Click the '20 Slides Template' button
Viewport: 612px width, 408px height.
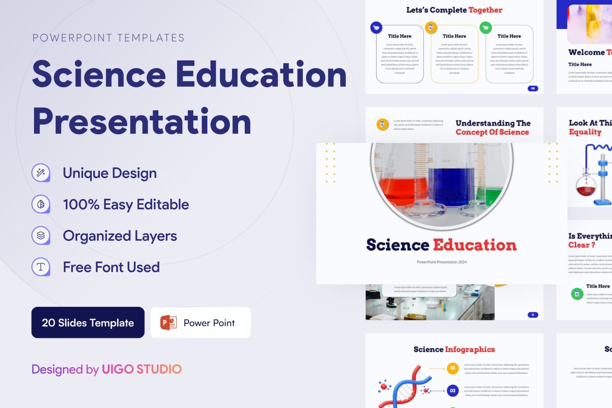click(x=88, y=323)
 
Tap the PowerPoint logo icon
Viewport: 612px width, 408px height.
click(x=168, y=323)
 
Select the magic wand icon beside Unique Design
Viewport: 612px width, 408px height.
click(x=41, y=173)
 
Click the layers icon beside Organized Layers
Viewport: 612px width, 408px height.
click(x=41, y=235)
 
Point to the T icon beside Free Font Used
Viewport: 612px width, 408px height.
click(x=41, y=267)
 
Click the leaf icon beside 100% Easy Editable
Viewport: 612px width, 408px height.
click(x=41, y=204)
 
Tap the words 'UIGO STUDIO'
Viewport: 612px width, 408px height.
click(x=142, y=369)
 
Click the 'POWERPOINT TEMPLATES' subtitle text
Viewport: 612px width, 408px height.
click(x=109, y=38)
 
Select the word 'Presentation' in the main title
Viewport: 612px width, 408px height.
click(x=142, y=121)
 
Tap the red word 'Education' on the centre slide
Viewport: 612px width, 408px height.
click(x=475, y=245)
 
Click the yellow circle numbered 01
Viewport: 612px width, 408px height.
click(x=452, y=368)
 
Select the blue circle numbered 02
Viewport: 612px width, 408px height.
click(x=452, y=390)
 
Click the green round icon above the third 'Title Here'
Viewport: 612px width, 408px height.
click(x=486, y=28)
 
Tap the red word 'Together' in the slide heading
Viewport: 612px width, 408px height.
click(x=486, y=10)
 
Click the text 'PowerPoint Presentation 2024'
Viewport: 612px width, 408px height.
click(x=441, y=262)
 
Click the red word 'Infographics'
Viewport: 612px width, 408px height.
click(x=470, y=349)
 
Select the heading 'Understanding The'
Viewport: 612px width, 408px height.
click(x=493, y=123)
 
